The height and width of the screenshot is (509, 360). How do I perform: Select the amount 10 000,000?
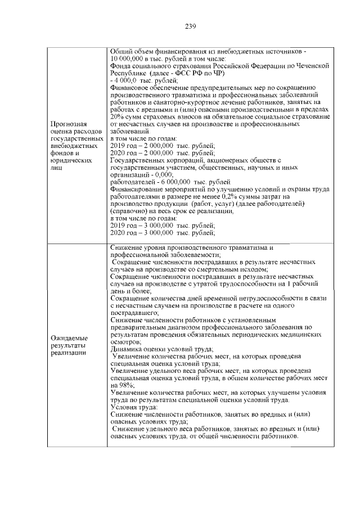129,58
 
